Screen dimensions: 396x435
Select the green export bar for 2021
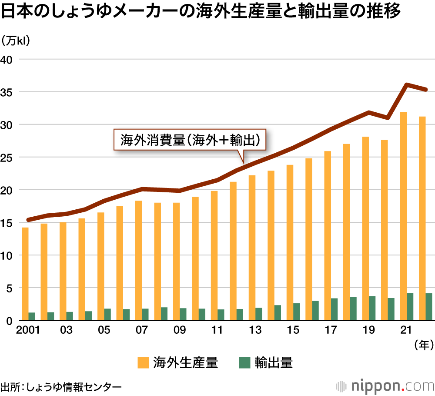click(x=410, y=307)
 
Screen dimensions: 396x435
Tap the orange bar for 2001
click(x=25, y=274)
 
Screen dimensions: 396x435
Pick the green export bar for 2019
click(x=372, y=308)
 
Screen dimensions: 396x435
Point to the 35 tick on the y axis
click(x=10, y=92)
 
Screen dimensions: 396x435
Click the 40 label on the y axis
click(x=10, y=59)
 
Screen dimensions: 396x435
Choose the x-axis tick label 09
click(x=179, y=330)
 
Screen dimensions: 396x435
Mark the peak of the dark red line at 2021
click(x=407, y=84)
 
